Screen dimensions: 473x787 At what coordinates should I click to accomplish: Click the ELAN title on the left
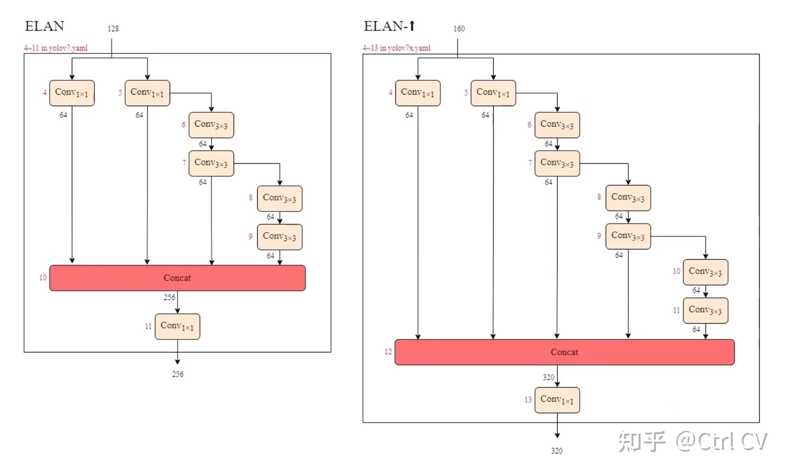point(44,26)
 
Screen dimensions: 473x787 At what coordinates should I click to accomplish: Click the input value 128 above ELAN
point(113,28)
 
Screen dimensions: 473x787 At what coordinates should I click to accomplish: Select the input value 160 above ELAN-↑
point(459,28)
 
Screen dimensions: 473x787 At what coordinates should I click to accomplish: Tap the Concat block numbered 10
point(177,278)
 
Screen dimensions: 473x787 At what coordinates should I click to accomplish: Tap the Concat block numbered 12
point(564,352)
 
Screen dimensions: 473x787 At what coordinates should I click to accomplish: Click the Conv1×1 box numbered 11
point(177,326)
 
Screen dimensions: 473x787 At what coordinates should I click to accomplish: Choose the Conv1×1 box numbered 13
point(557,400)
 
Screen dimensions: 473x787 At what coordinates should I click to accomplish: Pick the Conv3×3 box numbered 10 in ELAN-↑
point(705,272)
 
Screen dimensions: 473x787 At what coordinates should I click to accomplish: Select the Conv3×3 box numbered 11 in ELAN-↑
point(705,310)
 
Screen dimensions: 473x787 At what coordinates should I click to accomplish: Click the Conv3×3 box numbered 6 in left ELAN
point(211,125)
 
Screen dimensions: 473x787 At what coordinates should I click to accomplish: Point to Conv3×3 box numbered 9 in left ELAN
point(279,237)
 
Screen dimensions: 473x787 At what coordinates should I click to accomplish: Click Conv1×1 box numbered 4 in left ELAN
point(72,92)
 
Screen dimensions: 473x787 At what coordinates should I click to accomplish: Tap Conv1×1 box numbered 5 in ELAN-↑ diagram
point(493,92)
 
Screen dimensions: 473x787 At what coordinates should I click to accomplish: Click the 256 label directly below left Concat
point(169,297)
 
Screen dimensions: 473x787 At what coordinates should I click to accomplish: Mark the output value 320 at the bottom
point(556,451)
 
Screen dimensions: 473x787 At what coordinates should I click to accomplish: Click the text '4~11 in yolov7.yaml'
point(55,48)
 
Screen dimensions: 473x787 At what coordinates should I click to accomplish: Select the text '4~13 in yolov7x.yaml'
point(396,48)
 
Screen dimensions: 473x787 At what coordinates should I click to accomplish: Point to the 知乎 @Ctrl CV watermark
point(693,441)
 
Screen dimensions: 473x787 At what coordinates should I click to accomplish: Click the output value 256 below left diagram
point(178,374)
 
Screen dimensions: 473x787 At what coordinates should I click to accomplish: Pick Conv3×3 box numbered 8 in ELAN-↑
point(627,197)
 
